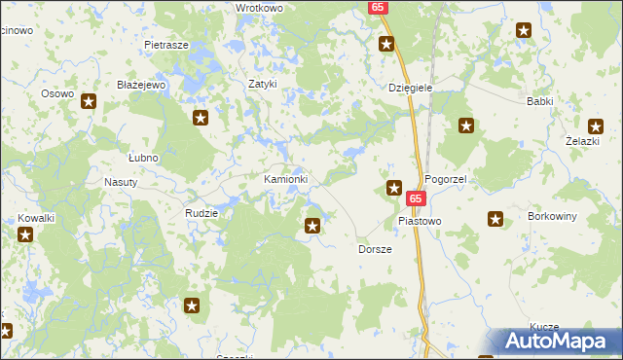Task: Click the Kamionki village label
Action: (286, 180)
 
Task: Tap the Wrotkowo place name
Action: (259, 8)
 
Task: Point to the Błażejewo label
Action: (142, 85)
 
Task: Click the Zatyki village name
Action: (263, 84)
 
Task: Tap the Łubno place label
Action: (143, 157)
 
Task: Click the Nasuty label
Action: (121, 182)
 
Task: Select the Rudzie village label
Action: (202, 212)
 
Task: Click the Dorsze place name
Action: (375, 249)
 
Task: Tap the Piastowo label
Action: (420, 221)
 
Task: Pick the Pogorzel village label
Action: (448, 180)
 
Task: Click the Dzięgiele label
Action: (410, 88)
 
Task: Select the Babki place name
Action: (540, 100)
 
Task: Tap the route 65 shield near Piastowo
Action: (416, 198)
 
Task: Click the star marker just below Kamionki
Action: (312, 226)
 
